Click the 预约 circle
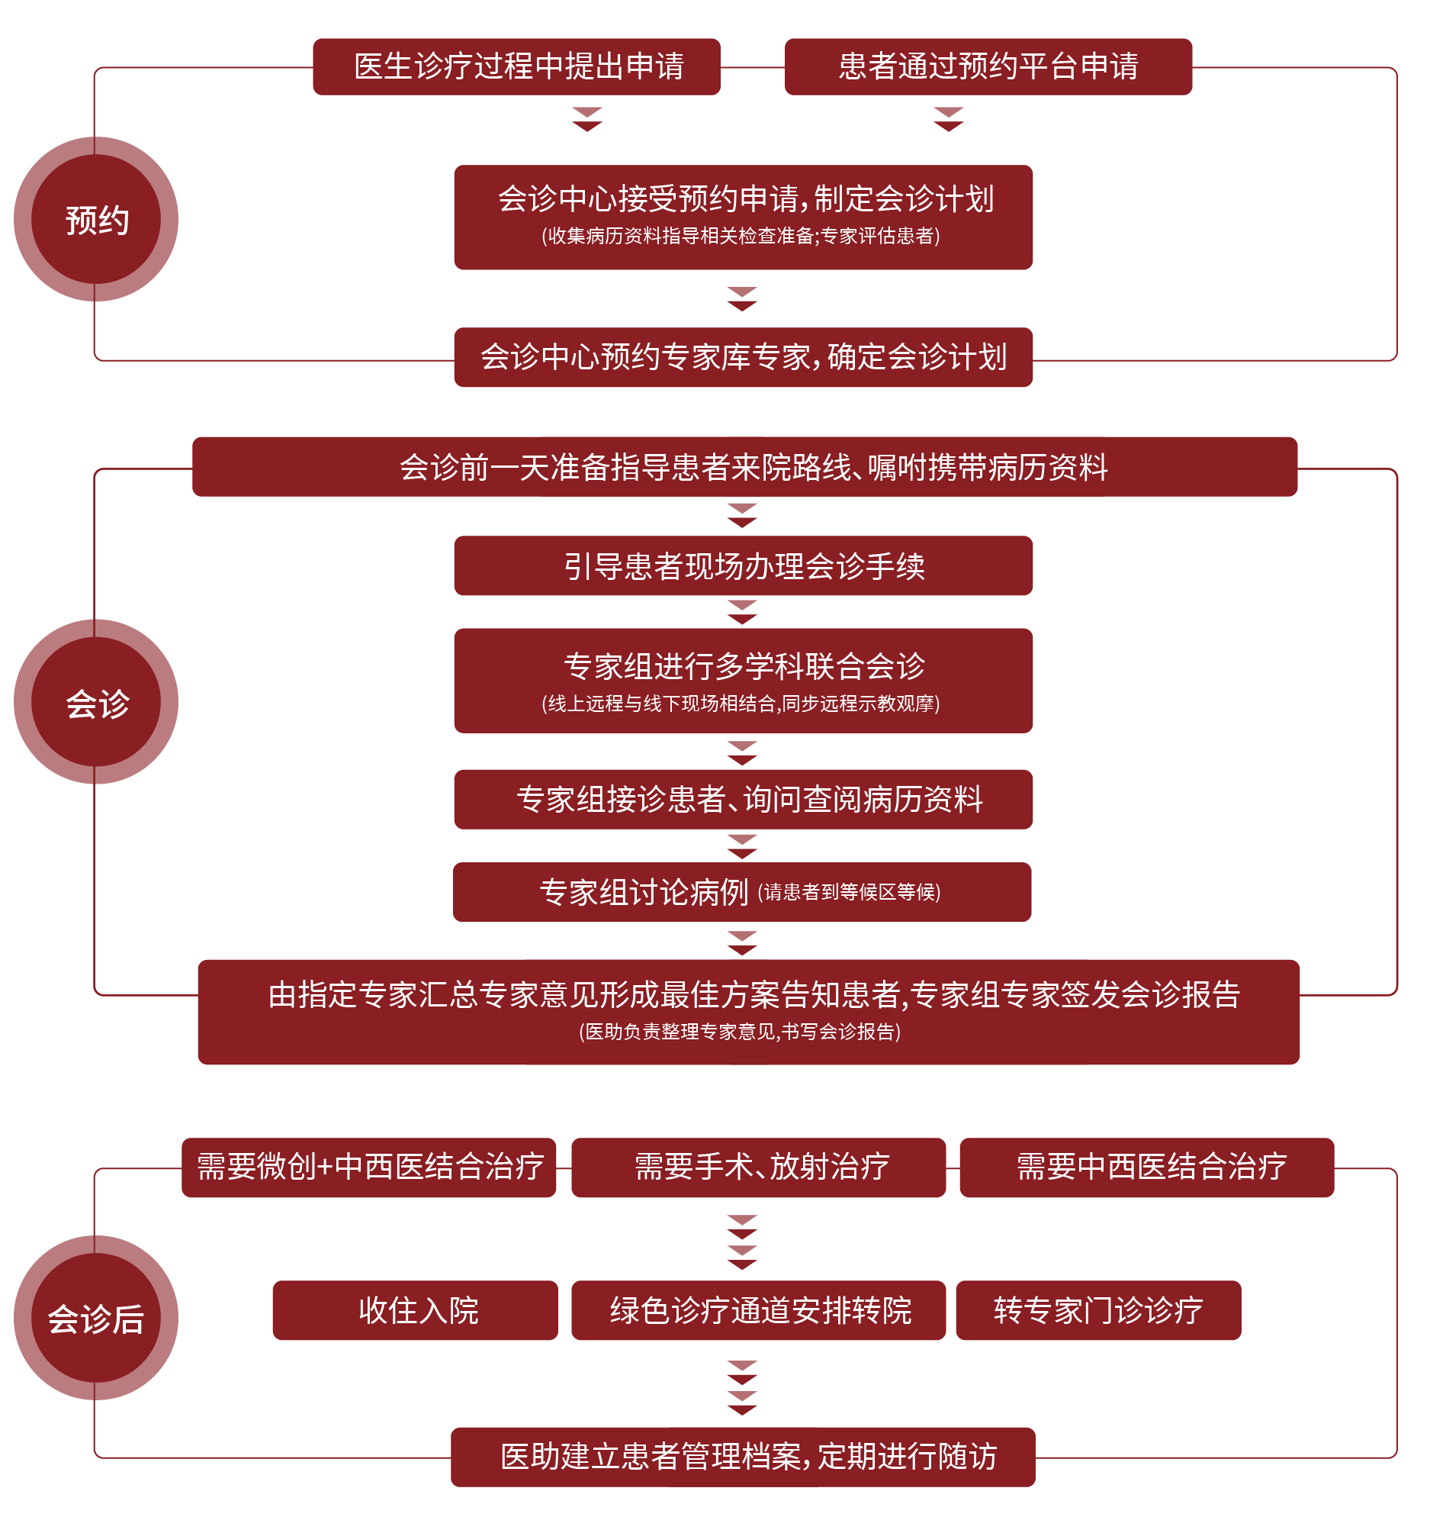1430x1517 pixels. click(96, 219)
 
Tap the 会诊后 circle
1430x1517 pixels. click(96, 1317)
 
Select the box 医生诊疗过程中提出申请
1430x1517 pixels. click(516, 66)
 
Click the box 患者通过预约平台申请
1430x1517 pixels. click(988, 66)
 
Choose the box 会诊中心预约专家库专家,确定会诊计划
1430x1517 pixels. click(743, 357)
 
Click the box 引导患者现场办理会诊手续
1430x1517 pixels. click(743, 565)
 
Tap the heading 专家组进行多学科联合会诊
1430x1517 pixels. click(744, 666)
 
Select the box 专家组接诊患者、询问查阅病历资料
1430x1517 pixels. click(743, 799)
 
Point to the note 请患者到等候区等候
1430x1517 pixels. click(848, 892)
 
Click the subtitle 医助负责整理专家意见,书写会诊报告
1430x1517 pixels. click(740, 1032)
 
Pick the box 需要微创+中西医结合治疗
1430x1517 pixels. click(369, 1167)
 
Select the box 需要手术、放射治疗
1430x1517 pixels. click(758, 1167)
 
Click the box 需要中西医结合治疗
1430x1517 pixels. click(1146, 1167)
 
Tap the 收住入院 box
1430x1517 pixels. click(416, 1309)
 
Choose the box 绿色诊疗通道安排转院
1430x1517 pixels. click(758, 1309)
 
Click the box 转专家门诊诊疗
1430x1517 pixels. click(1098, 1309)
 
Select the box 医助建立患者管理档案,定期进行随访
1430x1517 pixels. click(743, 1456)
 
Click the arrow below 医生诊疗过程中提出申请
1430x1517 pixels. click(587, 119)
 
